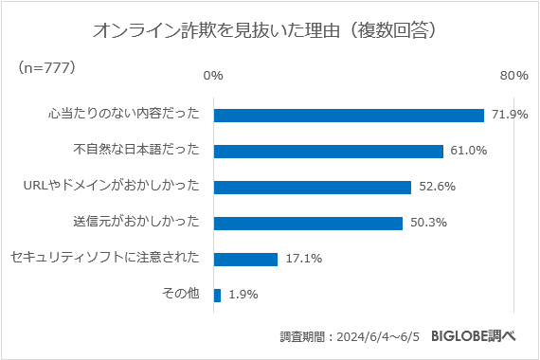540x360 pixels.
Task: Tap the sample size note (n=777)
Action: tap(46, 68)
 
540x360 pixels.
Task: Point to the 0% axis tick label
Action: tap(214, 75)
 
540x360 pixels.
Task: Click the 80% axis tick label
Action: tap(513, 75)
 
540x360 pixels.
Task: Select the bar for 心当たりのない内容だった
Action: tap(349, 115)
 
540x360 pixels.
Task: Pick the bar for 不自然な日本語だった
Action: tap(329, 151)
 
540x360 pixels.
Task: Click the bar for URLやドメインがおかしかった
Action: tap(313, 187)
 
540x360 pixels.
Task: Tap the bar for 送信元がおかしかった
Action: tap(308, 223)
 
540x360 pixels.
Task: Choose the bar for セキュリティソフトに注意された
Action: tap(245, 259)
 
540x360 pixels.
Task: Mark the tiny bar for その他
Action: tap(218, 295)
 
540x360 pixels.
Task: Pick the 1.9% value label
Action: tap(243, 295)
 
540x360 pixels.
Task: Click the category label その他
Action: tap(181, 295)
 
